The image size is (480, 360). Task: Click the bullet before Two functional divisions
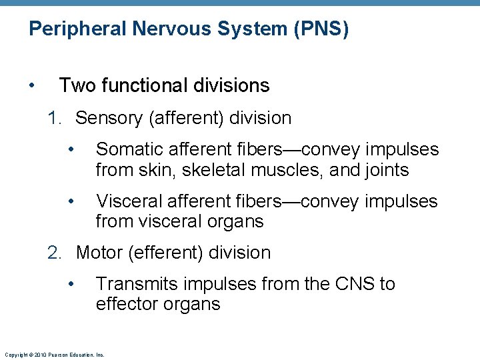point(32,86)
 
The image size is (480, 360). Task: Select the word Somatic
point(129,149)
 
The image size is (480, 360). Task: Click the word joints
point(385,171)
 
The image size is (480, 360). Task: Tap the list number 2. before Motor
point(55,253)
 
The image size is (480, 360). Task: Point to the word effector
point(125,305)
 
